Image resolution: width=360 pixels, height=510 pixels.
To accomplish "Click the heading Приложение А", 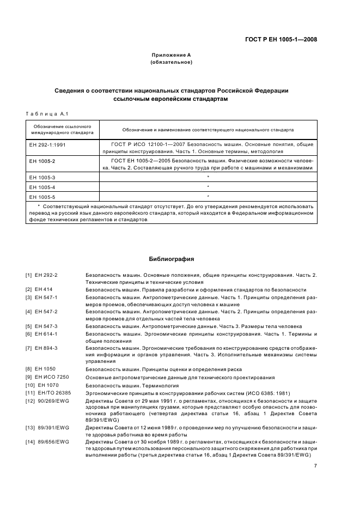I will coord(171,56).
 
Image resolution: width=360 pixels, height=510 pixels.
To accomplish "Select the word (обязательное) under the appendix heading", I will coord(171,62).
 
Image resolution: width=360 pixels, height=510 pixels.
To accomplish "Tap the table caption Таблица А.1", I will coord(46,113).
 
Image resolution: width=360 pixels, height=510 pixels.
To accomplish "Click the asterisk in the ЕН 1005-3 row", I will coord(208,177).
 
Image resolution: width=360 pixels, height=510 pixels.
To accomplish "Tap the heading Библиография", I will coord(171,259).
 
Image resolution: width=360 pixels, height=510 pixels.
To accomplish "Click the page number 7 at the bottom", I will coord(315,466).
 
